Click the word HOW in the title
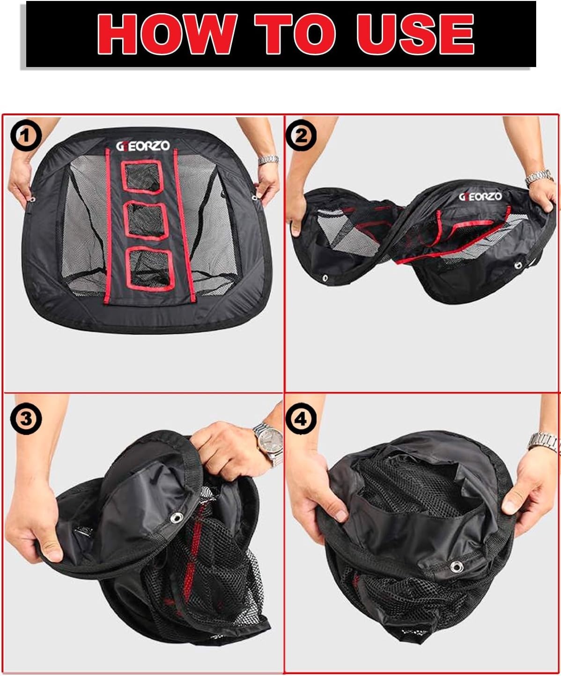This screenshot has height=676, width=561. [x=166, y=34]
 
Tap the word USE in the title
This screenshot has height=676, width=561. [x=415, y=34]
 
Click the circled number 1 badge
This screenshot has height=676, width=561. [x=26, y=135]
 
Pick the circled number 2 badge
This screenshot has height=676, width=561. [x=301, y=135]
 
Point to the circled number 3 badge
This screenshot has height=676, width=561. [x=26, y=419]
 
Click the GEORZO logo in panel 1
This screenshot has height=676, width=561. [x=143, y=146]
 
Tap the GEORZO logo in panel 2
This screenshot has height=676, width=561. [x=480, y=196]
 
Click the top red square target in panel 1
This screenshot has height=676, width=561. [x=142, y=177]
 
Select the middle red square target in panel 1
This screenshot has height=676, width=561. [x=146, y=220]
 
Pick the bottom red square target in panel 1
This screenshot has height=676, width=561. [x=150, y=269]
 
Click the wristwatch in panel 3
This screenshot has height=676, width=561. [x=269, y=443]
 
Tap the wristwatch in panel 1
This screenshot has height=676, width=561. [x=268, y=159]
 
